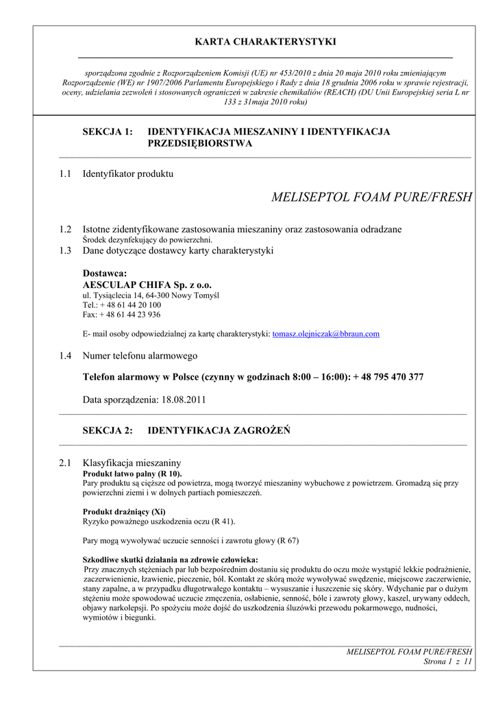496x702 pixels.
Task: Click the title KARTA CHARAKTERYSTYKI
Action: pyautogui.click(x=265, y=42)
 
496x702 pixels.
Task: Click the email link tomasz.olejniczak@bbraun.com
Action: pyautogui.click(x=325, y=334)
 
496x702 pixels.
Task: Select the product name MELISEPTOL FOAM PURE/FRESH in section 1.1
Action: pyautogui.click(x=371, y=198)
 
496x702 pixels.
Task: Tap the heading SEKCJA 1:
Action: pyautogui.click(x=108, y=132)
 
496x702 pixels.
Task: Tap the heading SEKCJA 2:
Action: pyautogui.click(x=108, y=431)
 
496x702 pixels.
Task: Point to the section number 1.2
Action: pyautogui.click(x=65, y=229)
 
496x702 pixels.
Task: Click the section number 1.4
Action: pyautogui.click(x=65, y=356)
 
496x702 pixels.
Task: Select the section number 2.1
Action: pyautogui.click(x=65, y=463)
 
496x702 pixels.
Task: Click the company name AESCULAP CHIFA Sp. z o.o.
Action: pyautogui.click(x=147, y=285)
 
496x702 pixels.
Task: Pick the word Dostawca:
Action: pyautogui.click(x=105, y=274)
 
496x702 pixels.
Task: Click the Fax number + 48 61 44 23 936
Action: pyautogui.click(x=130, y=315)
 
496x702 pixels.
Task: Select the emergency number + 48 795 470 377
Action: pyautogui.click(x=388, y=377)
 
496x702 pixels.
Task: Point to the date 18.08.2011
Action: pyautogui.click(x=184, y=399)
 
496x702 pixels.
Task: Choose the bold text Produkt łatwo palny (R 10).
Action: pyautogui.click(x=132, y=474)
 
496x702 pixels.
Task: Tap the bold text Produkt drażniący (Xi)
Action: pyautogui.click(x=124, y=511)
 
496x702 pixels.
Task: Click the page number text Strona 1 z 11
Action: pyautogui.click(x=449, y=662)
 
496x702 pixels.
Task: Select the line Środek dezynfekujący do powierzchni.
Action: pyautogui.click(x=147, y=240)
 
